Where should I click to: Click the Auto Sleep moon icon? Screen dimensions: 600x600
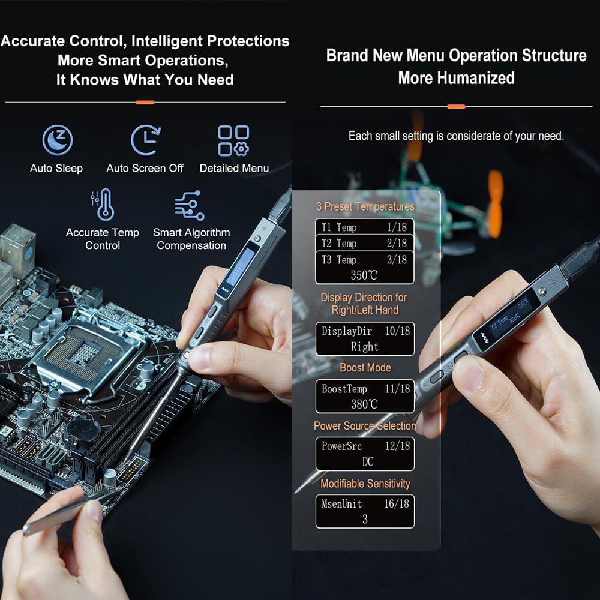[x=57, y=140]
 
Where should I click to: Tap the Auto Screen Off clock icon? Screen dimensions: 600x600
[x=145, y=140]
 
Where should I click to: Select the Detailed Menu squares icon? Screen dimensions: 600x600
[x=233, y=140]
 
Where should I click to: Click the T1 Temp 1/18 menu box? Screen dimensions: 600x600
[x=365, y=227]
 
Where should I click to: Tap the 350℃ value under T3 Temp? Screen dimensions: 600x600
[x=365, y=276]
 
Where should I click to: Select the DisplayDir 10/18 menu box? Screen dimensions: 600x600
[x=365, y=338]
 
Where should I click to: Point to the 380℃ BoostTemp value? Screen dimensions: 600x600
[x=365, y=404]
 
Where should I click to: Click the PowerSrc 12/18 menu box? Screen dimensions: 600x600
[x=365, y=454]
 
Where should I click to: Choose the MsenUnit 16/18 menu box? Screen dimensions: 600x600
[x=365, y=511]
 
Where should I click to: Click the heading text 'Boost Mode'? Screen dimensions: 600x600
[x=365, y=368]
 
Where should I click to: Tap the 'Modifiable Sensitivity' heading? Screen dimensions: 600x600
[x=365, y=484]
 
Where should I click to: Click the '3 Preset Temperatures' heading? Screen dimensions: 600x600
[x=365, y=206]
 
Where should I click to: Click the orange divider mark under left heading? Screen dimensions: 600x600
[x=145, y=103]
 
